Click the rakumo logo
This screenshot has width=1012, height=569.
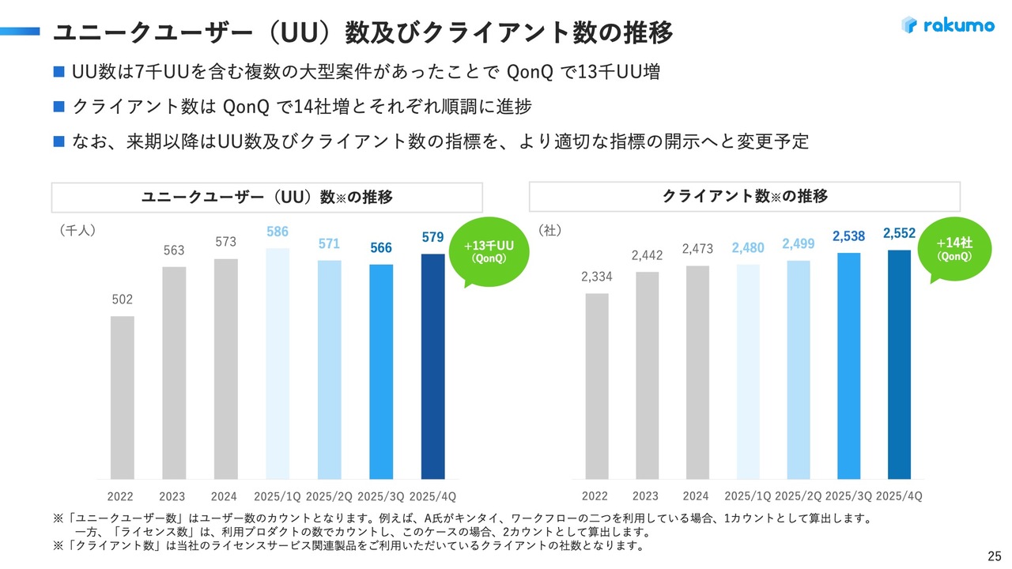tap(947, 25)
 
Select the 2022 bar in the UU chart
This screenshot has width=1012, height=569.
tap(122, 398)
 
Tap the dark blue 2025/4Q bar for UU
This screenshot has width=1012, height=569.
tap(432, 366)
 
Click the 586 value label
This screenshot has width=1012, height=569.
tap(277, 232)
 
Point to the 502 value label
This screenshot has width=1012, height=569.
tap(122, 300)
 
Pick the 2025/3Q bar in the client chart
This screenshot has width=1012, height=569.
tap(848, 366)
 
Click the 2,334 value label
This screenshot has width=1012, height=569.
tap(597, 277)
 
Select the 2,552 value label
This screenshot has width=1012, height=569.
tap(899, 233)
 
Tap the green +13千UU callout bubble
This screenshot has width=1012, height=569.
tap(488, 251)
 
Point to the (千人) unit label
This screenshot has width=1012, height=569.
tap(77, 230)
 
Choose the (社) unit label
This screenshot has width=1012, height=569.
tap(549, 230)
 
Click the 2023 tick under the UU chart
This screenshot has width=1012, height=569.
tap(172, 496)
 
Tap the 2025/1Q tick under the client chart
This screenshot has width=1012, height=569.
tap(747, 496)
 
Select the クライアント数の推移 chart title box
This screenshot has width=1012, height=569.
tap(744, 196)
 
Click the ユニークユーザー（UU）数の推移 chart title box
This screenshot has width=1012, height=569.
tap(267, 197)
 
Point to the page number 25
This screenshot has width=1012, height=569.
tap(995, 554)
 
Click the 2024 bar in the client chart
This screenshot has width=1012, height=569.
tap(697, 372)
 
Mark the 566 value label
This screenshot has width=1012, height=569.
tap(381, 248)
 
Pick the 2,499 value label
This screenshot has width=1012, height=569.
tap(798, 244)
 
